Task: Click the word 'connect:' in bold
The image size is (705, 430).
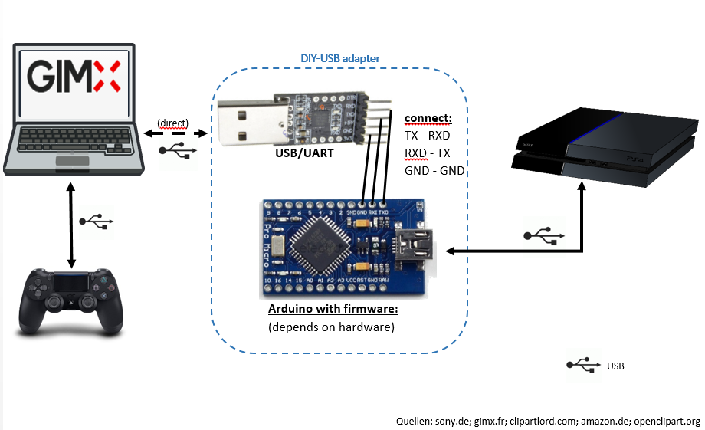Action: [428, 119]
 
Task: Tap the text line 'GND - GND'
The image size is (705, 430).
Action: [434, 171]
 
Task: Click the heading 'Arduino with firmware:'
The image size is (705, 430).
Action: [333, 310]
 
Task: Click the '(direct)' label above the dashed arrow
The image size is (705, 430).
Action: [172, 123]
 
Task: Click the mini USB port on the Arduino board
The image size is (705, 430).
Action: [414, 247]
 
